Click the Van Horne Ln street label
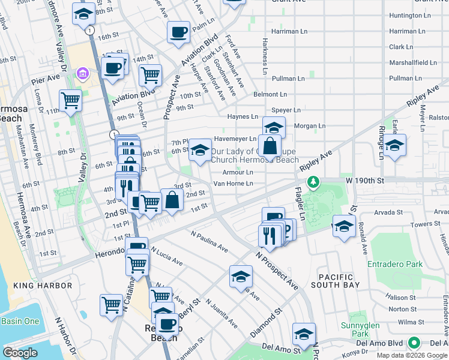(x=234, y=183)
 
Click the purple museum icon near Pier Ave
(x=82, y=74)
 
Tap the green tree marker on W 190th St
(x=312, y=181)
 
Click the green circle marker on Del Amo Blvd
(x=414, y=344)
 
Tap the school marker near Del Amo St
(x=304, y=333)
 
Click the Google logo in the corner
(x=20, y=353)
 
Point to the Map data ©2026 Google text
(x=412, y=355)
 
